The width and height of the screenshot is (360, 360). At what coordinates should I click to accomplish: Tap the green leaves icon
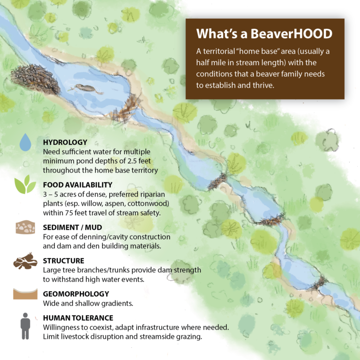[25, 185]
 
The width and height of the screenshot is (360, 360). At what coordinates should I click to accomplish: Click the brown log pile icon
[25, 261]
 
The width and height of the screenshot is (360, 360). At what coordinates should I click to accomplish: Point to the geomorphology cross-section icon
[25, 294]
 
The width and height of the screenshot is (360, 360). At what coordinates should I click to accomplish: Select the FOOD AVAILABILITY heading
[77, 185]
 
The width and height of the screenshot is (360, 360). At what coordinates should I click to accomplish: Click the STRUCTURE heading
[63, 261]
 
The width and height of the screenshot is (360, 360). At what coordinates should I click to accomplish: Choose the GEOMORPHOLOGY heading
[76, 294]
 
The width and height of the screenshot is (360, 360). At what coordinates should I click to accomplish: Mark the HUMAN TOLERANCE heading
[78, 318]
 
